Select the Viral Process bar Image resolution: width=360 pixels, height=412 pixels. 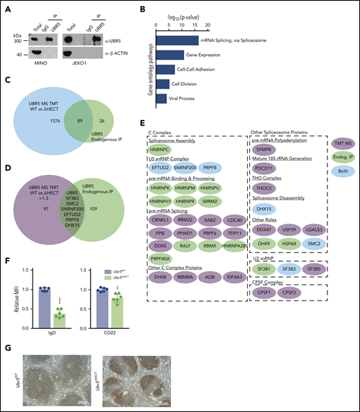pos(163,99)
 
